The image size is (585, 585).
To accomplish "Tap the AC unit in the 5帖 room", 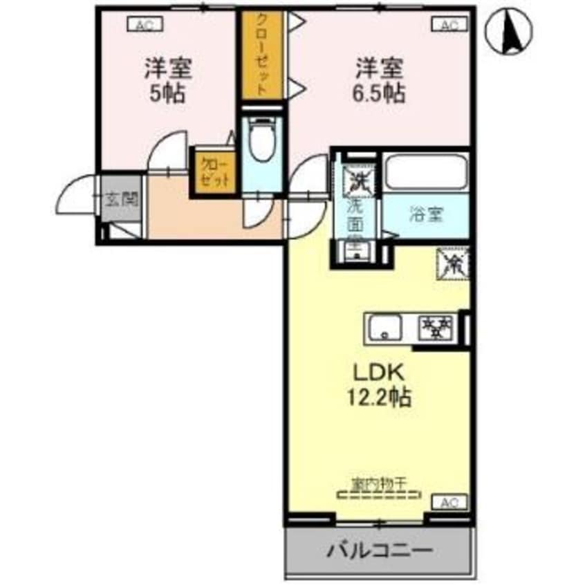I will click(144, 26).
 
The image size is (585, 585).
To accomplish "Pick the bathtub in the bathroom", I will click(425, 172).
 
